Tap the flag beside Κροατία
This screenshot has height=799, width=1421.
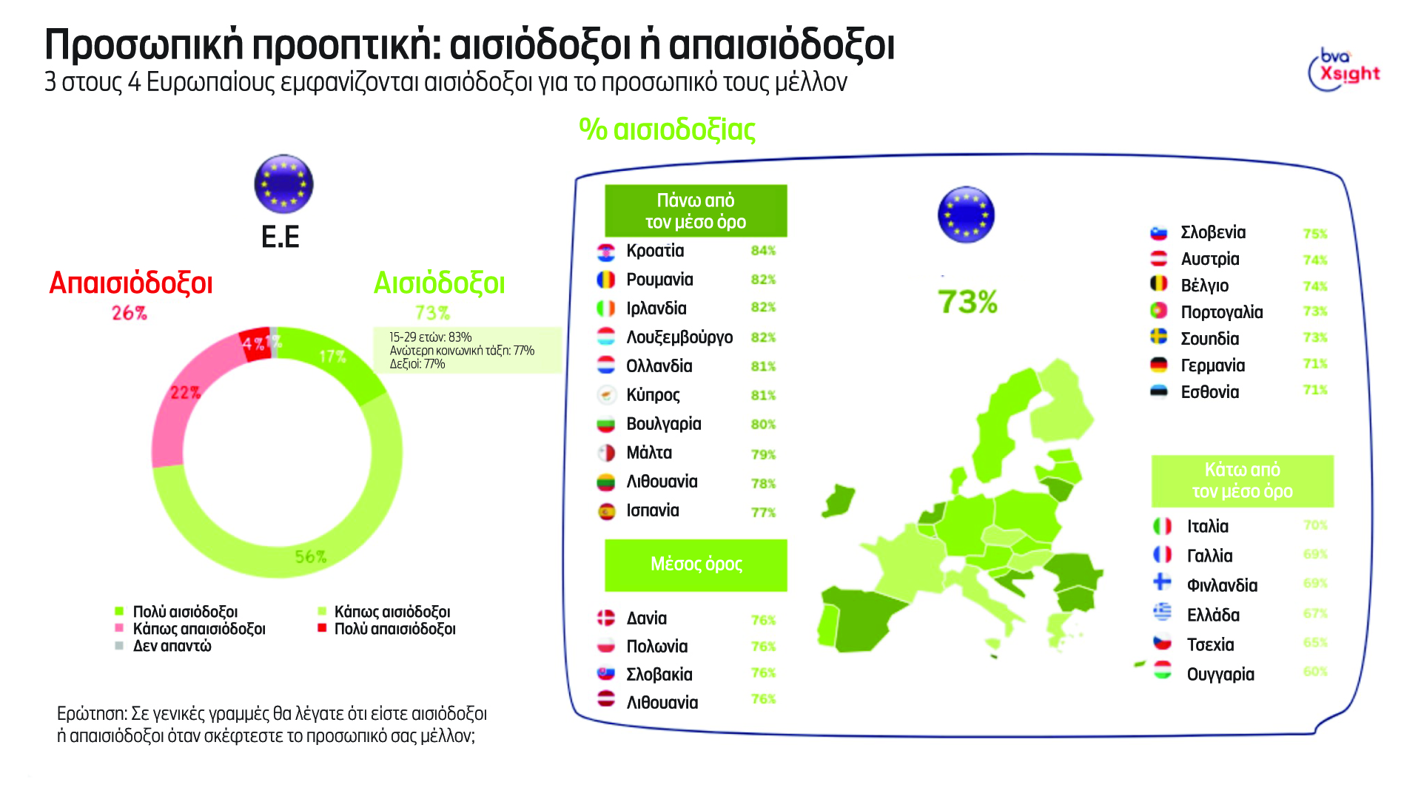[606, 252]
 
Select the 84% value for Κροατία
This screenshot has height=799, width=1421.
[763, 251]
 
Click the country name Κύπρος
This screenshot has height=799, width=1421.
[653, 395]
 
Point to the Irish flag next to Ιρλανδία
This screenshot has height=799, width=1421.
[606, 309]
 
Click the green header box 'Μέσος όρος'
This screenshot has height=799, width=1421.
[696, 564]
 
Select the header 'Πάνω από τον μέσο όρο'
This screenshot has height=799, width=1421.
[696, 211]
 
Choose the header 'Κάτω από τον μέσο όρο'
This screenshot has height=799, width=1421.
[1242, 481]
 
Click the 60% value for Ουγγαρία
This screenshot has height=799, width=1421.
[1315, 672]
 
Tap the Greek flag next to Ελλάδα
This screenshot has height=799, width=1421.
[1163, 613]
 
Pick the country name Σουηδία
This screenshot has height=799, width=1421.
[1209, 339]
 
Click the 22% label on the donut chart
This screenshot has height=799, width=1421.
[185, 393]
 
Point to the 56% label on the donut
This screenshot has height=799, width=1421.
[310, 556]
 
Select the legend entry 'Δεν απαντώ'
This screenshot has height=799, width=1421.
[172, 646]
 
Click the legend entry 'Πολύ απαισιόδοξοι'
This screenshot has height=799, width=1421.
[394, 629]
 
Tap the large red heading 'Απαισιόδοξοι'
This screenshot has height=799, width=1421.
[131, 283]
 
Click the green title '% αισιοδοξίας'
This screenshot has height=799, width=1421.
[667, 129]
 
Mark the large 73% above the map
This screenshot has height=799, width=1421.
[967, 302]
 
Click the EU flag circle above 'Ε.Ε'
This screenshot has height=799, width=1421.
[283, 184]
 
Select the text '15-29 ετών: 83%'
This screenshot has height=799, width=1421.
[431, 337]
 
